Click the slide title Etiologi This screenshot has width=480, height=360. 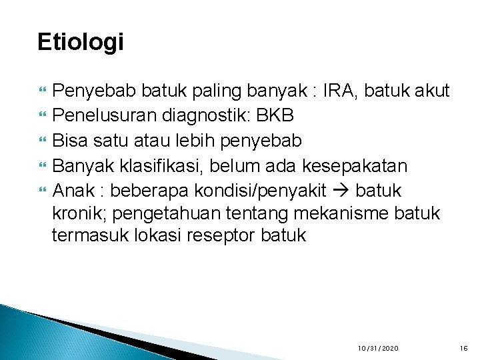[x=81, y=42]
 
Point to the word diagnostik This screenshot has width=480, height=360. [x=202, y=115]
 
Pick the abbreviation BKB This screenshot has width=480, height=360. [x=275, y=115]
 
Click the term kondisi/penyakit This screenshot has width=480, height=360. [x=260, y=191]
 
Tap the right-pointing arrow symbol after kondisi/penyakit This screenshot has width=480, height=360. [x=340, y=191]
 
